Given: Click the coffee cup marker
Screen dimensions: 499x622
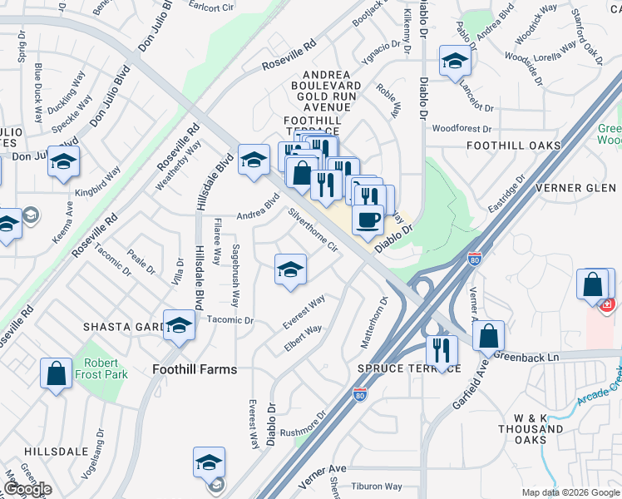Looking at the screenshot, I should (x=368, y=220).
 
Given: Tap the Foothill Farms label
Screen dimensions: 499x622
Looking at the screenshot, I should (x=195, y=369).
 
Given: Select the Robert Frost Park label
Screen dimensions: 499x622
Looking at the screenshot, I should (x=105, y=368).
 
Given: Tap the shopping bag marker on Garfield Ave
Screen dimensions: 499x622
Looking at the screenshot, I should (x=489, y=336).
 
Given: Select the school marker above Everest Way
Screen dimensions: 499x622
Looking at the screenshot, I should (x=290, y=269).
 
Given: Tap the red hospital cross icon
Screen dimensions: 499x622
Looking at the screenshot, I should (x=607, y=304).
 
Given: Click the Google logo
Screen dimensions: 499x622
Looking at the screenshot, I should (x=27, y=489).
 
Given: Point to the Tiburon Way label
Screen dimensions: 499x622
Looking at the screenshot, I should (x=377, y=487).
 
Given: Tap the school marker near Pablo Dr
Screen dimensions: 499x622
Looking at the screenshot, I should (x=454, y=62).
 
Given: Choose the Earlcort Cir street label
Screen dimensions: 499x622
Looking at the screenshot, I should (x=211, y=7).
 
